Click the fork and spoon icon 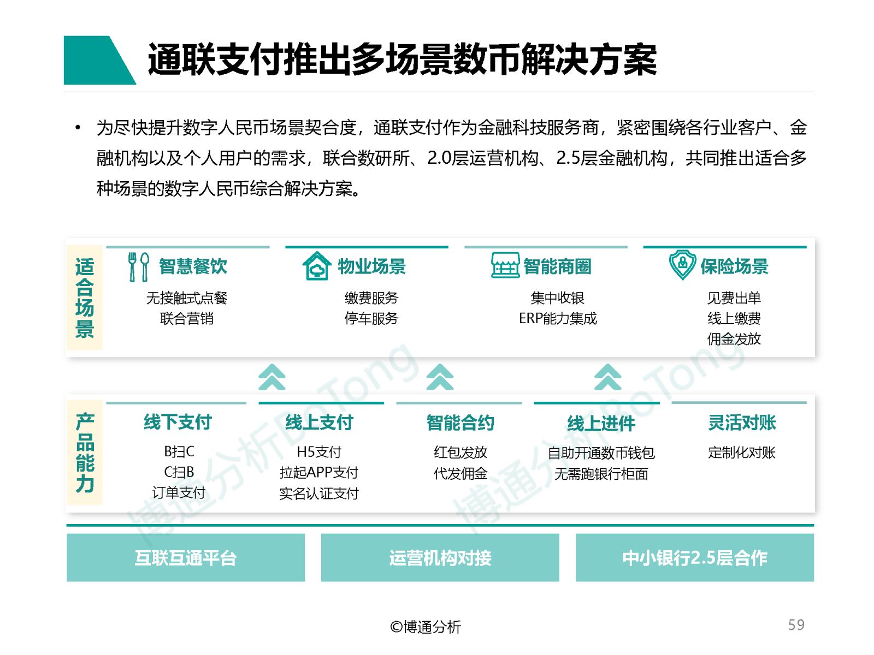(x=138, y=266)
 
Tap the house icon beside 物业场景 (x=316, y=266)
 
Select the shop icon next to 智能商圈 (x=505, y=265)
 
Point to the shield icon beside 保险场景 (x=682, y=265)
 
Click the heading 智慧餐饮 (x=193, y=266)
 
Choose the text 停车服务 (x=371, y=318)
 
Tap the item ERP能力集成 (x=557, y=318)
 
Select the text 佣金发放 (x=733, y=339)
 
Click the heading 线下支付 (x=177, y=422)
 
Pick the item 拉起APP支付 (x=318, y=473)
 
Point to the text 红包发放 (x=460, y=452)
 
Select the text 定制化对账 (x=741, y=452)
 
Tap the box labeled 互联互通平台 (x=186, y=557)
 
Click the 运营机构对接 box (x=440, y=557)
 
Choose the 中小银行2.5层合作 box (x=694, y=557)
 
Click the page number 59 (x=795, y=624)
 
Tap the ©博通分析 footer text (x=425, y=627)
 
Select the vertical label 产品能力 (x=85, y=452)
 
